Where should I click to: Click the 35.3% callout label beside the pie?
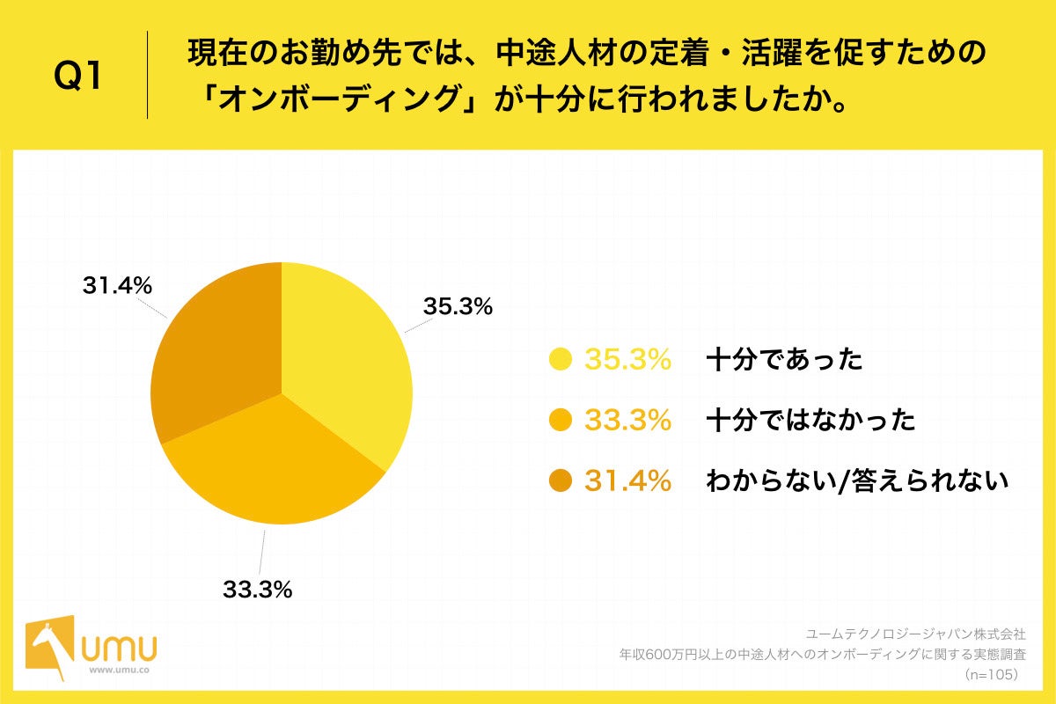tap(458, 307)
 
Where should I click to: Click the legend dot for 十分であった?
tap(560, 360)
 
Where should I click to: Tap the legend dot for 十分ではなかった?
tap(560, 421)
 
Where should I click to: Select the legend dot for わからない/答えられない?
tap(560, 481)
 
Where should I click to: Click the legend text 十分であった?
tap(784, 360)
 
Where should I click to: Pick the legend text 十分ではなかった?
tap(810, 421)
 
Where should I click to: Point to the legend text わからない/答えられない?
tap(856, 481)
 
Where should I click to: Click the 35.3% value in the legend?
tap(628, 360)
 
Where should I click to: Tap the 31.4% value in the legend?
tap(628, 481)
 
